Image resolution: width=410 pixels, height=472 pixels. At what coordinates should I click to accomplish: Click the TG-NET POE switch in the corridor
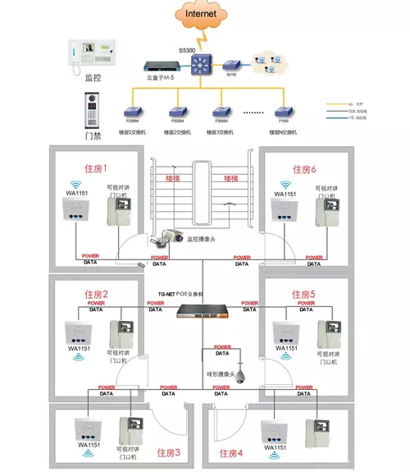(204, 312)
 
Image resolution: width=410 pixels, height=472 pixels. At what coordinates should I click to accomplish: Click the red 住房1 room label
(96, 168)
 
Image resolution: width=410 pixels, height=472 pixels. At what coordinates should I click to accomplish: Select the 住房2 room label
(94, 294)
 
